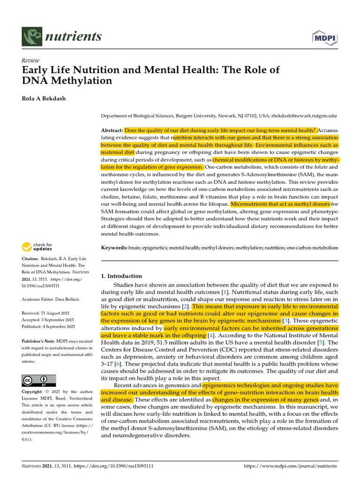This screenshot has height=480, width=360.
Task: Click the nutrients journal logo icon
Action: tap(31, 36)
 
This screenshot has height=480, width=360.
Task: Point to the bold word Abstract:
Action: tap(112, 130)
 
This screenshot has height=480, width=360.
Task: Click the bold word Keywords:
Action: tap(114, 247)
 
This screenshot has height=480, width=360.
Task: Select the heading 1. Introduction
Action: tap(121, 276)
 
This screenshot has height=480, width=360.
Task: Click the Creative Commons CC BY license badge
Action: tap(39, 380)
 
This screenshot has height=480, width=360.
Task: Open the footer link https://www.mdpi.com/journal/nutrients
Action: tap(291, 466)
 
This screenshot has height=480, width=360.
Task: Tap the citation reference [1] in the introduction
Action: tap(225, 292)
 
